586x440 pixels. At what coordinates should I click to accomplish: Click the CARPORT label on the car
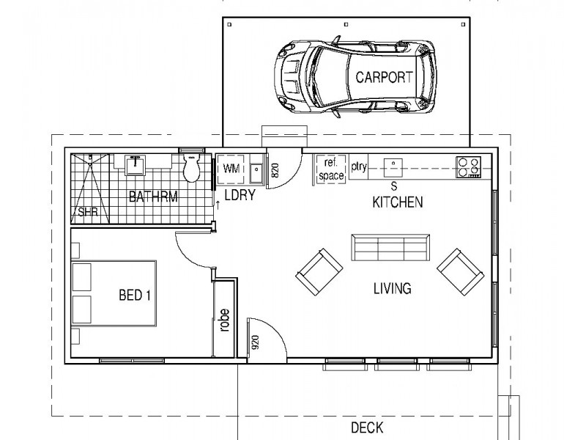384,77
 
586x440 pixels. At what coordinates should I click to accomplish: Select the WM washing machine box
231,169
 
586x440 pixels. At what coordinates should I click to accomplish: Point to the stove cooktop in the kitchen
469,167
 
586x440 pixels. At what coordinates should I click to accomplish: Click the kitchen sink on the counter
394,166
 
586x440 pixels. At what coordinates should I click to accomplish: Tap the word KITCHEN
398,202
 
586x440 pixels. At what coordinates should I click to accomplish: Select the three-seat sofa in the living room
390,249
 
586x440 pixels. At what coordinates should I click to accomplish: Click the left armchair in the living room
319,272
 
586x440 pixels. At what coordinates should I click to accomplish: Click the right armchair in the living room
460,272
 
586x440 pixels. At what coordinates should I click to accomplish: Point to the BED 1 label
134,296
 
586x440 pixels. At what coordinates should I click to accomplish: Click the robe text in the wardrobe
224,320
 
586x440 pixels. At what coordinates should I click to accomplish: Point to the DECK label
366,427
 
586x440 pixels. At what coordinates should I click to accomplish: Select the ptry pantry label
359,167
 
